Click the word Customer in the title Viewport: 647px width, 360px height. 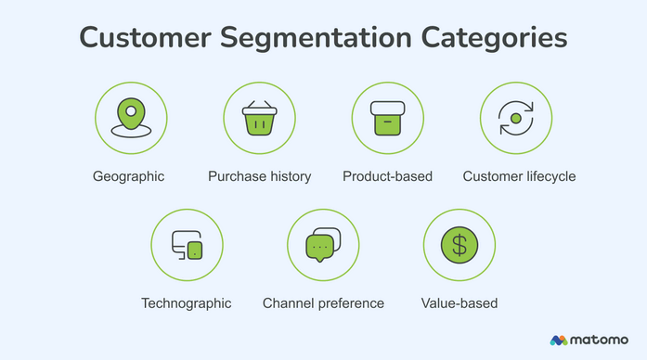pos(145,40)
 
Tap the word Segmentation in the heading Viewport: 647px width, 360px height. pos(318,40)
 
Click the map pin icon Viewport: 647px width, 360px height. pos(131,118)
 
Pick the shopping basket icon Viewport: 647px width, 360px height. pos(259,119)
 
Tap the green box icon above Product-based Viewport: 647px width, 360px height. pos(387,118)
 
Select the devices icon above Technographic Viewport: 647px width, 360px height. pos(187,245)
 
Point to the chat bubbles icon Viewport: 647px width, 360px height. pos(323,245)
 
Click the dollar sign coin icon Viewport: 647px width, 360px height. pos(459,245)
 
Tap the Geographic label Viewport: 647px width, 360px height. pos(128,176)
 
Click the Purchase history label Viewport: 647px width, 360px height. pos(259,176)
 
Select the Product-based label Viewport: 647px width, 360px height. pos(387,176)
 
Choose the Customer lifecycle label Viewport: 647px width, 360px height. pos(519,176)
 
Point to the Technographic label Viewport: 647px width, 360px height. pos(187,303)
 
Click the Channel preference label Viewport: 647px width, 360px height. pos(323,303)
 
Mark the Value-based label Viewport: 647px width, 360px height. pos(459,303)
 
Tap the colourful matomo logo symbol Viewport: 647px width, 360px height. pos(559,341)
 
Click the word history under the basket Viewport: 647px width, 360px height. pos(288,176)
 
